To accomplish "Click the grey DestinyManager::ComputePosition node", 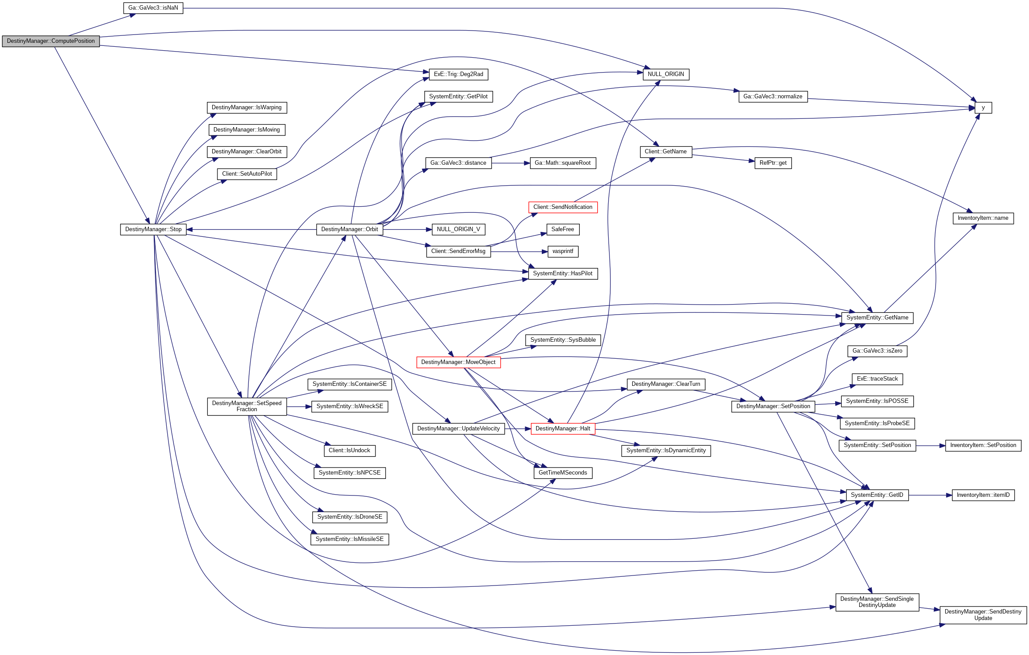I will click(x=51, y=41).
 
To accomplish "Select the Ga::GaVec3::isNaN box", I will click(x=153, y=8).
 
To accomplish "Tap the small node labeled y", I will click(x=983, y=107).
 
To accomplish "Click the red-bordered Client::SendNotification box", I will click(x=562, y=207).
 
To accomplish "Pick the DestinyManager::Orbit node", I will click(x=349, y=229).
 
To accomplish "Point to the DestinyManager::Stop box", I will click(x=153, y=229).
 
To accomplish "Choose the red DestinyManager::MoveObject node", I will click(x=458, y=362).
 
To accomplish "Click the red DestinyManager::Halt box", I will click(x=562, y=429).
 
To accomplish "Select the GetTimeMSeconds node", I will click(x=562, y=473).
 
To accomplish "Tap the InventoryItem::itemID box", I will click(x=983, y=495).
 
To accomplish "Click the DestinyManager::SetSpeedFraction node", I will click(x=247, y=406).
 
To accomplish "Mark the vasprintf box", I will click(x=562, y=251).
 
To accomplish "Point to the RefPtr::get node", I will click(x=773, y=163).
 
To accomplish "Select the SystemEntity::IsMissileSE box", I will click(x=349, y=539).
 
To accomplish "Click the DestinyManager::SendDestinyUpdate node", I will click(x=983, y=615).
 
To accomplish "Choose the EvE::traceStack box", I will click(x=877, y=379).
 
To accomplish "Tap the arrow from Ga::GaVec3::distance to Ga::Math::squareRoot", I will click(x=510, y=163).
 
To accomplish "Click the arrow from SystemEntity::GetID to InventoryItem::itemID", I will click(x=930, y=495).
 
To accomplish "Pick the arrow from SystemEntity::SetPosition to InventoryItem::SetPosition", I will click(x=930, y=446).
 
